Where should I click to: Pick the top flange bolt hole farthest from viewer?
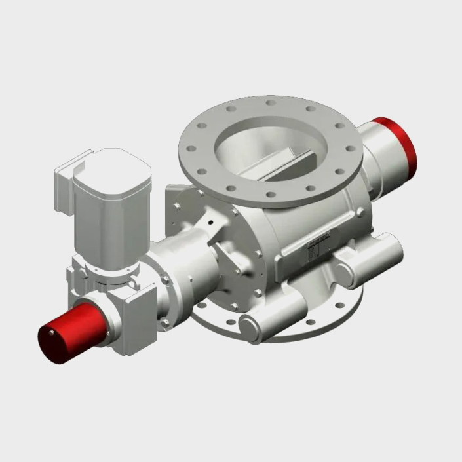(269, 103)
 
